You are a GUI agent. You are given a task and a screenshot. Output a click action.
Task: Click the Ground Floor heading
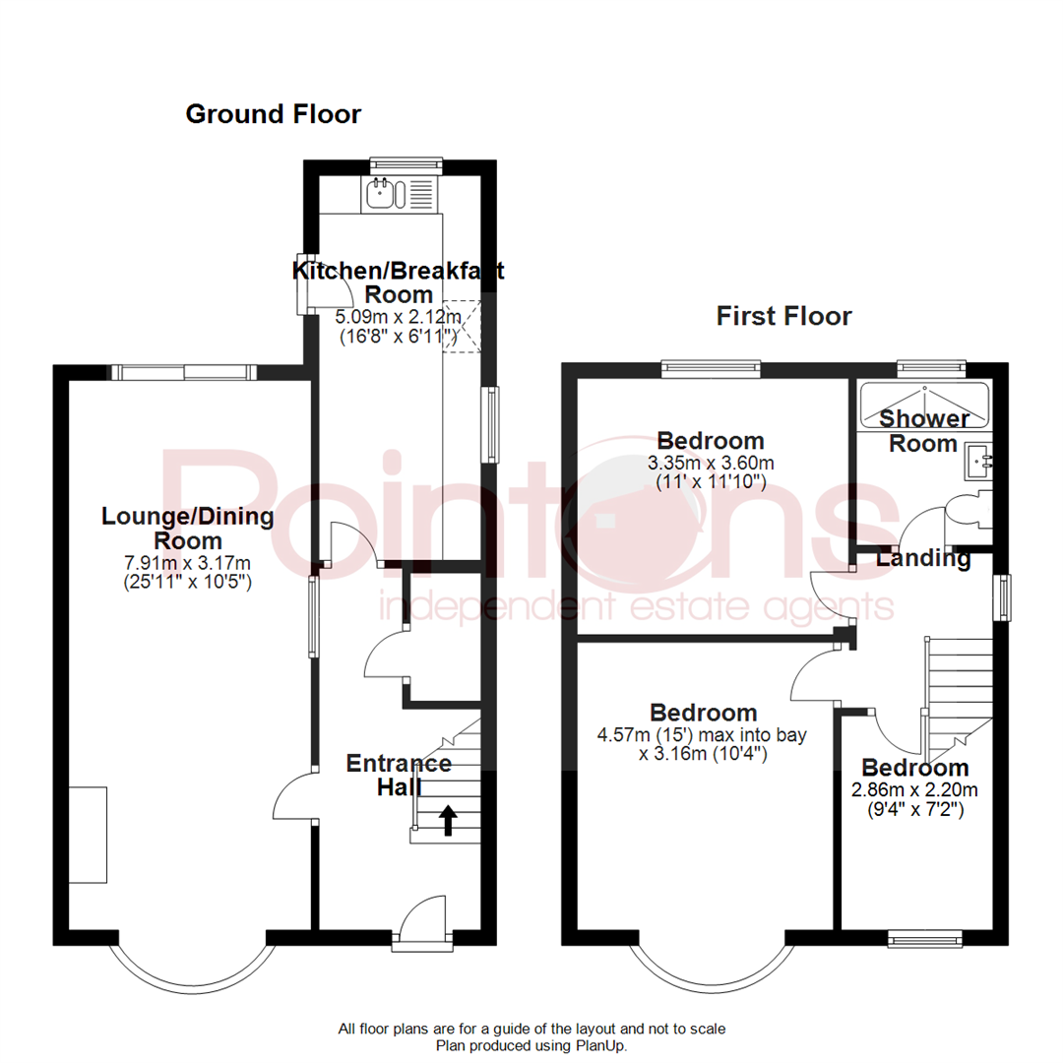pos(274,115)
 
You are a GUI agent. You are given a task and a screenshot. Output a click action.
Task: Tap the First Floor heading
pos(783,316)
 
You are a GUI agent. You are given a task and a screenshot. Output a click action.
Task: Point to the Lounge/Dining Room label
pos(187,529)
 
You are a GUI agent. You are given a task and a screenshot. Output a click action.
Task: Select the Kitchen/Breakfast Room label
pos(399,282)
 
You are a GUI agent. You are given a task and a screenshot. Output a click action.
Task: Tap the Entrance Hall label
pos(399,775)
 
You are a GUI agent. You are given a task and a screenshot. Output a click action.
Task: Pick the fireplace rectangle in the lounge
pos(88,835)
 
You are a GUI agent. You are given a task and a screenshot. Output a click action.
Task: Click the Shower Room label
pos(923,431)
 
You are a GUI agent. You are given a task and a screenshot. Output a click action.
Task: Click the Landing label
pos(923,559)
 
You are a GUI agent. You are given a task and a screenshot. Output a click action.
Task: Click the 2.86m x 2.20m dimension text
pos(915,790)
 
